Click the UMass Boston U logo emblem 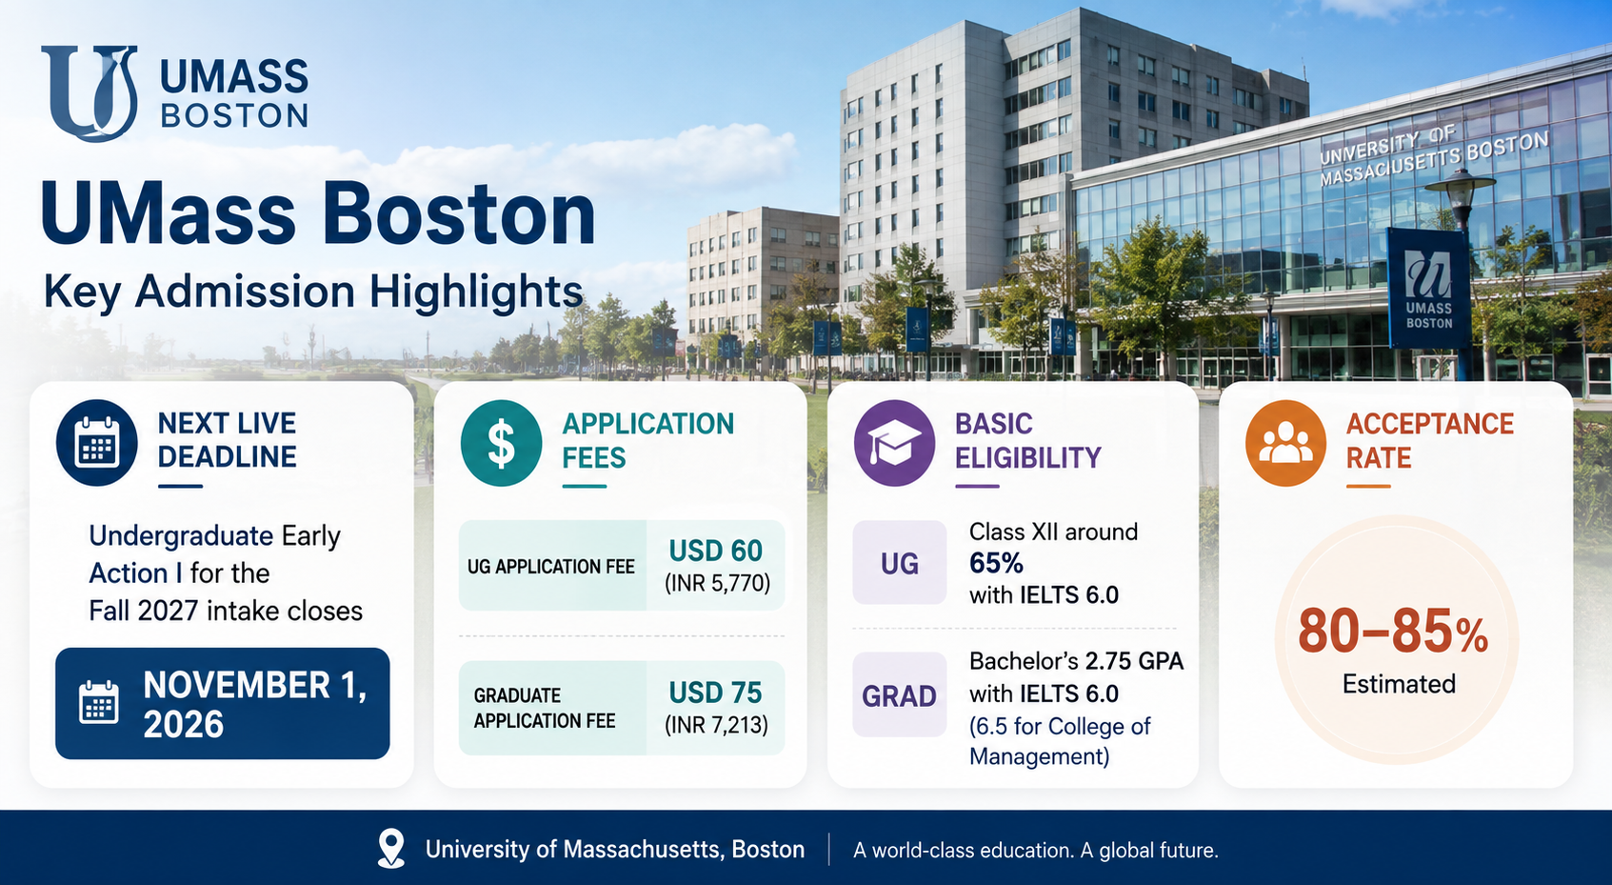(90, 92)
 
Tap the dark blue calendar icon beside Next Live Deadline (97, 442)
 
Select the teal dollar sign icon (501, 442)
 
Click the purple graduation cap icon (894, 442)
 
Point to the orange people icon (1285, 442)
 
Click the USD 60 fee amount (715, 551)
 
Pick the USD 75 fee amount (715, 693)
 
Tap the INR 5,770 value (717, 583)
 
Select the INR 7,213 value (716, 724)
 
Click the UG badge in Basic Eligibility (900, 562)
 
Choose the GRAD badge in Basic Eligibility (900, 694)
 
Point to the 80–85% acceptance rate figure (1393, 632)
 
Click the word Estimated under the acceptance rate (1399, 683)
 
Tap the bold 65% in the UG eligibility (996, 563)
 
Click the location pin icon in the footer (390, 848)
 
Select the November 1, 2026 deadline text (255, 704)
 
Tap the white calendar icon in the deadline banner (99, 702)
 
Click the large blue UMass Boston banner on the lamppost (1428, 288)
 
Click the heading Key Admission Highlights (313, 292)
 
